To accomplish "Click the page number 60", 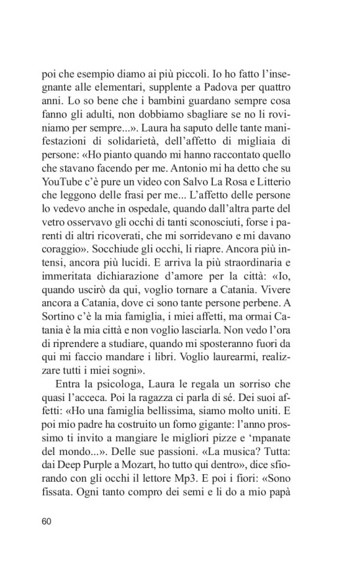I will [47, 521].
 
